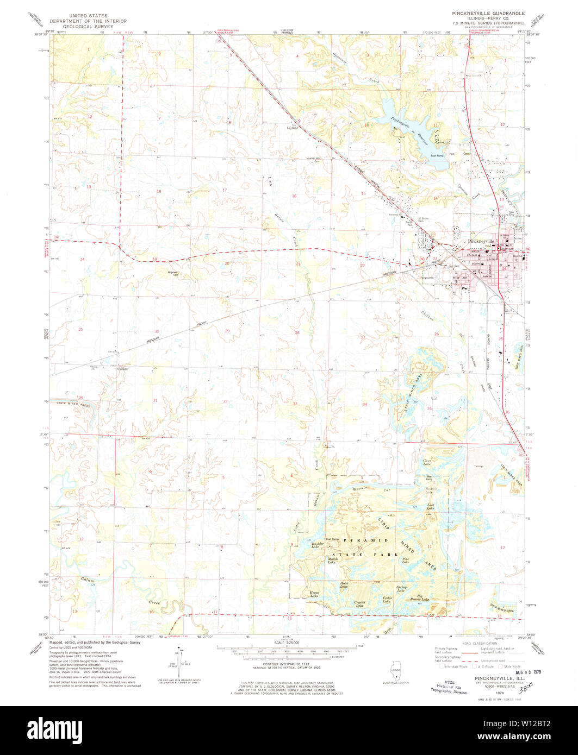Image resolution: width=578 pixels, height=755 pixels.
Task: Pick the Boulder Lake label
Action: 319,545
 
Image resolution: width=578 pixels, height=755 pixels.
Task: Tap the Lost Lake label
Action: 431,506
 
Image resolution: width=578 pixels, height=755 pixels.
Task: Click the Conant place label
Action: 122,369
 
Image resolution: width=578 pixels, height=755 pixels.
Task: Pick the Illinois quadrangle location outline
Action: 396,670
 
